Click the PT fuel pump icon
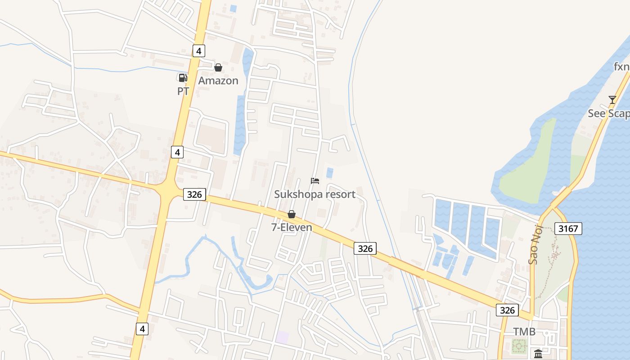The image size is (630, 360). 182,77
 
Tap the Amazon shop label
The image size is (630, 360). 218,81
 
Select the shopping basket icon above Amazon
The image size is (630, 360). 218,67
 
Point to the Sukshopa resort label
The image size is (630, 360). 315,194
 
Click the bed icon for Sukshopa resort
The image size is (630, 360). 315,181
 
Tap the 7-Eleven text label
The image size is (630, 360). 292,227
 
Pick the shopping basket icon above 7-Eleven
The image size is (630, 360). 292,214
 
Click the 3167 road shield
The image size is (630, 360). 568,228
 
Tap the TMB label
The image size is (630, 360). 524,332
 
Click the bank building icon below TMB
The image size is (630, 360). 538,353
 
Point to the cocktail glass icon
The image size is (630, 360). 612,99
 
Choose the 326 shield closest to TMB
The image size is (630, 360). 507,310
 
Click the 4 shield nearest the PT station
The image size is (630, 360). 198,50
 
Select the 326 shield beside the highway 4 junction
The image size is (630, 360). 194,194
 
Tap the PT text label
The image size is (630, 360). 183,91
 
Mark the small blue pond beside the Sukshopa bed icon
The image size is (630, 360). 330,173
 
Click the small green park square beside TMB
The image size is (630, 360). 520,346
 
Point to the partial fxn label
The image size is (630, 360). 621,67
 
